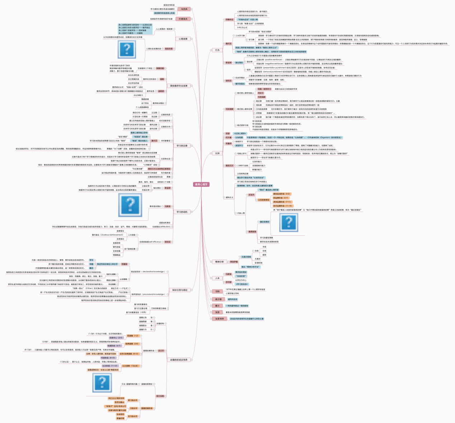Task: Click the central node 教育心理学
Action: pos(201,184)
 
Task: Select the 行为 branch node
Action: pos(217,50)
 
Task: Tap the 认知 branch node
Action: pos(217,153)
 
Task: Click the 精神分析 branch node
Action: pos(219,262)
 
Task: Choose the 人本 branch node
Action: pos(217,278)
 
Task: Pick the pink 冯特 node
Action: pos(217,291)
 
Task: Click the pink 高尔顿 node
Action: pos(218,299)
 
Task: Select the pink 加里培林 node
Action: pos(219,319)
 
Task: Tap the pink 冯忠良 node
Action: pos(184,9)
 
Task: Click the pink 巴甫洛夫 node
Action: pos(183,19)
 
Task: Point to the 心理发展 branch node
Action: pos(183,39)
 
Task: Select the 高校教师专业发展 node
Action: pos(179,86)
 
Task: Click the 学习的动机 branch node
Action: pos(182,212)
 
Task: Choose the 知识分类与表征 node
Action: pos(180,290)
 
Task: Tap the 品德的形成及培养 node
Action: pos(179,359)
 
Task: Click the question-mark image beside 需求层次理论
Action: pos(130,204)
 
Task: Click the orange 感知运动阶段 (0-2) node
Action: pos(281,194)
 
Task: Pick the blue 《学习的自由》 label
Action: pos(241,284)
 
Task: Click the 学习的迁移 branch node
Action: pos(182,146)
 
